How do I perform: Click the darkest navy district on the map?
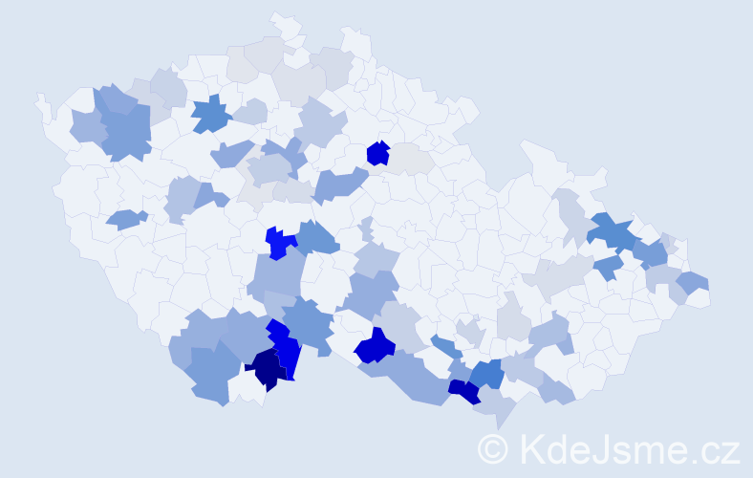(x=267, y=368)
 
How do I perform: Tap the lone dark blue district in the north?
(x=377, y=153)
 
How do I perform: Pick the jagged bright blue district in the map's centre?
(x=278, y=243)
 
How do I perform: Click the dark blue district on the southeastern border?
(x=463, y=391)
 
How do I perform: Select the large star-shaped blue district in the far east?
(x=612, y=232)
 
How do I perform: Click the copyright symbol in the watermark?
(x=495, y=448)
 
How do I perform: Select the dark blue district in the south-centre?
(x=376, y=346)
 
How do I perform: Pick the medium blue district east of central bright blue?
(x=318, y=238)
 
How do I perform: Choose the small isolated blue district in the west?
(x=125, y=220)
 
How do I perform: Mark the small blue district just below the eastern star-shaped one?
(x=608, y=268)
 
